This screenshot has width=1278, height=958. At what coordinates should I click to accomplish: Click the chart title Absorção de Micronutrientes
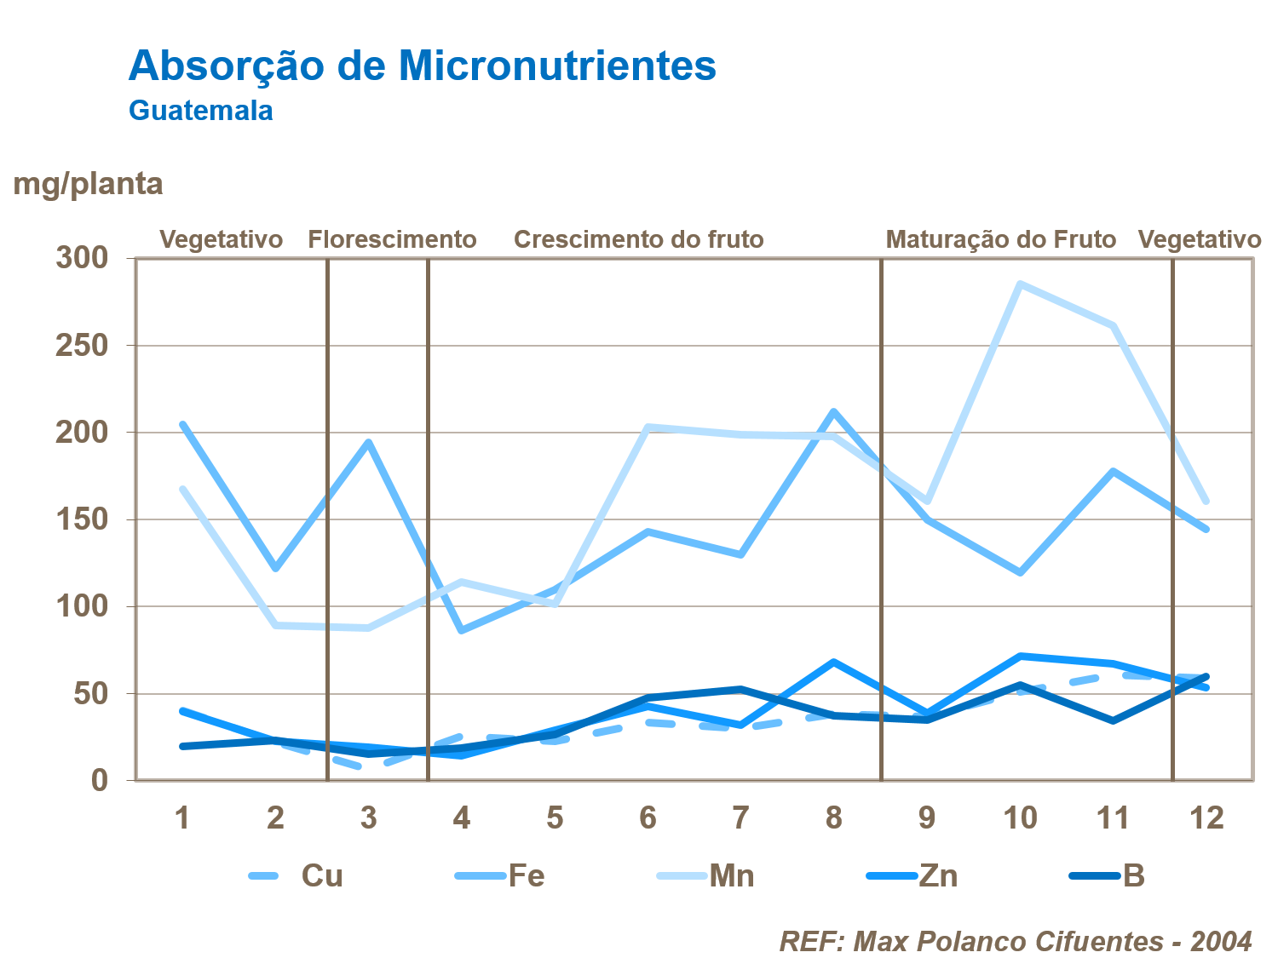click(x=422, y=66)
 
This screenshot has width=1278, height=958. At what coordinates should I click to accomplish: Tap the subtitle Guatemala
click(x=201, y=111)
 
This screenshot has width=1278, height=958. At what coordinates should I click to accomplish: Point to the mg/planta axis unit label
click(x=88, y=184)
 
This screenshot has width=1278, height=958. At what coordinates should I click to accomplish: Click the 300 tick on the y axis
click(x=82, y=257)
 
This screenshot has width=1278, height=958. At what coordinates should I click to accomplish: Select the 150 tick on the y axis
click(x=82, y=519)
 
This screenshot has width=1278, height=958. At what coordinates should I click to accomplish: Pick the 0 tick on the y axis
click(x=100, y=780)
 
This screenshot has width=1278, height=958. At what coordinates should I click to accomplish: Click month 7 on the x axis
click(x=740, y=818)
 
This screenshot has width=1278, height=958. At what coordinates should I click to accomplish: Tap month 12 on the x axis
click(x=1206, y=818)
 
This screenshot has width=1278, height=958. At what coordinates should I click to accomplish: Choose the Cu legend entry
click(x=322, y=875)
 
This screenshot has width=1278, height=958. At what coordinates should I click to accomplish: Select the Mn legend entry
click(x=732, y=875)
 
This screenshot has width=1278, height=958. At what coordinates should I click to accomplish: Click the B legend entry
click(x=1133, y=875)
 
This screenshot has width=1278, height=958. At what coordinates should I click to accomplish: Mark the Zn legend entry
click(x=938, y=875)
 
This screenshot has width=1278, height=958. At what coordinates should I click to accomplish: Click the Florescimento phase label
click(x=392, y=239)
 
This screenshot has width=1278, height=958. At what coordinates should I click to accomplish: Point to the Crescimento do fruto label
click(x=638, y=239)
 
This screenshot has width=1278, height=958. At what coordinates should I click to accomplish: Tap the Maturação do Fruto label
click(x=1000, y=239)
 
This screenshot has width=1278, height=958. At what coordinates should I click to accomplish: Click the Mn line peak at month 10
click(x=1020, y=284)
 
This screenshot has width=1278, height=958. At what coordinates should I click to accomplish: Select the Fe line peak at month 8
click(x=833, y=412)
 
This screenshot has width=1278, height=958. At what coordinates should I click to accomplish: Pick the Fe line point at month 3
click(x=368, y=442)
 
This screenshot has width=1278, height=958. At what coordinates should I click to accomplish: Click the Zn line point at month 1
click(x=182, y=710)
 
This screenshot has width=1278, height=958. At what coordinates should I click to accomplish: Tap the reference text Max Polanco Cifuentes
click(x=1008, y=941)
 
